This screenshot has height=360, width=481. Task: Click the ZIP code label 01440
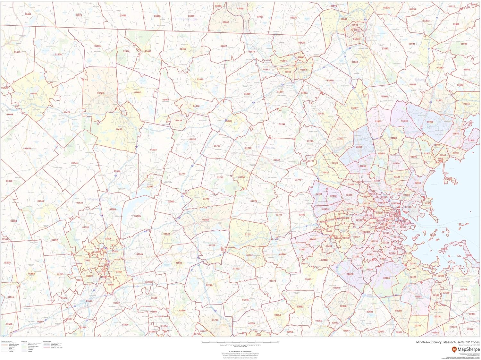(34, 94)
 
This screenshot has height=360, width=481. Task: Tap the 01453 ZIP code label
(119, 129)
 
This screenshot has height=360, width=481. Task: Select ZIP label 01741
(282, 124)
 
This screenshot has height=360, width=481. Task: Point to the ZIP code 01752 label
(206, 220)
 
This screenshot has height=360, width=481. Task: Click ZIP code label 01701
(248, 235)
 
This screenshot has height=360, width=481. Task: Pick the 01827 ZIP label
(224, 46)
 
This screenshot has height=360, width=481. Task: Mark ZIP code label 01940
(404, 121)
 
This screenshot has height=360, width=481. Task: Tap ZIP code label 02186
(387, 278)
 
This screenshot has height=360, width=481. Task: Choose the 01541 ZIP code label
(74, 163)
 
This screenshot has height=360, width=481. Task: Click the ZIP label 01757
(215, 320)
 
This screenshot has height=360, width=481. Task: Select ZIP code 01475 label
(17, 52)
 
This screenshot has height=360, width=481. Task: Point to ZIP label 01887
(354, 108)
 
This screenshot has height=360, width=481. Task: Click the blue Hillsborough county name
(186, 19)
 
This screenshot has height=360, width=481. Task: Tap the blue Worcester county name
(96, 199)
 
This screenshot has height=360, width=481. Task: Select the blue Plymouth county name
(462, 279)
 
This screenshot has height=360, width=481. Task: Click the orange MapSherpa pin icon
(454, 349)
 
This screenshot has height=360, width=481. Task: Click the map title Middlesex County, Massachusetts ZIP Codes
(448, 342)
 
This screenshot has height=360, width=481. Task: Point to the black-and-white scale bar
(240, 342)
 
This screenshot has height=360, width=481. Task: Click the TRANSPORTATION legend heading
(6, 341)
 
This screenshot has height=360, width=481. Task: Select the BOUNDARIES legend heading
(47, 341)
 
